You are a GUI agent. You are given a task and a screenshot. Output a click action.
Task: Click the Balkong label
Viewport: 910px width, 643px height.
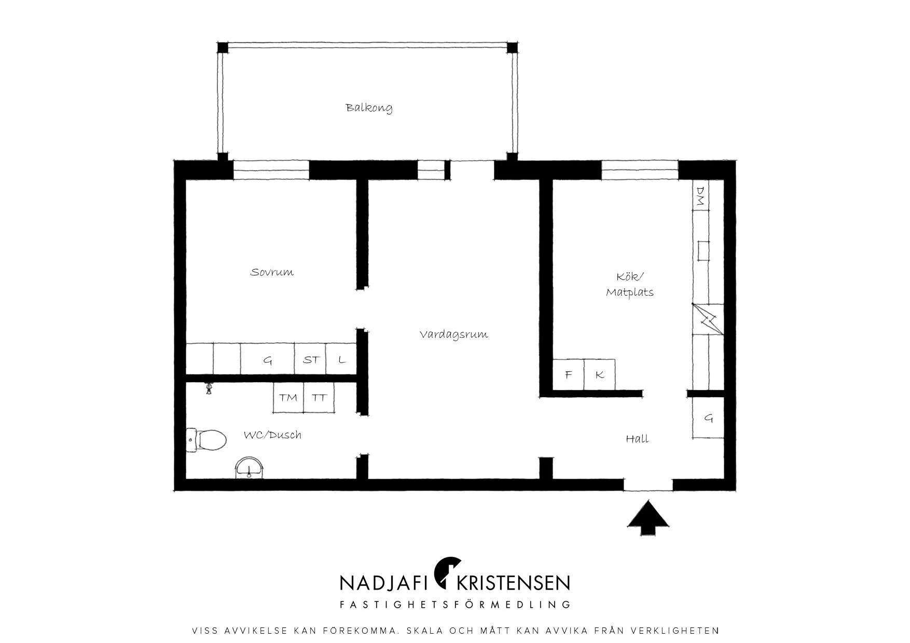tap(369, 108)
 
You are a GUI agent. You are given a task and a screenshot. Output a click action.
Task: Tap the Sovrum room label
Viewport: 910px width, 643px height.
tap(272, 272)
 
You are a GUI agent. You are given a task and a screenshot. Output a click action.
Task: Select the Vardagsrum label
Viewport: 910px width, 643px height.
tap(453, 334)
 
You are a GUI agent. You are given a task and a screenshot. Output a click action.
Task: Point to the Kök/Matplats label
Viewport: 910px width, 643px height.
tap(630, 284)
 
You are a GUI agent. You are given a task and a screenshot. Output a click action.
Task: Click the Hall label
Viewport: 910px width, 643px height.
tap(637, 439)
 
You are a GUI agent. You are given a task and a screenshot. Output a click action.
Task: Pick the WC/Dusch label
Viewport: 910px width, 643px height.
tap(272, 435)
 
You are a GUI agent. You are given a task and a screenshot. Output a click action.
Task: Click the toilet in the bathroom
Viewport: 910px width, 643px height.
tap(206, 441)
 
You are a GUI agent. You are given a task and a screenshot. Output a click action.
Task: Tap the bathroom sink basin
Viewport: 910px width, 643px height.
tap(250, 467)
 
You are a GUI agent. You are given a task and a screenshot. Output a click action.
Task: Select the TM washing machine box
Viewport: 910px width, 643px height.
tap(288, 398)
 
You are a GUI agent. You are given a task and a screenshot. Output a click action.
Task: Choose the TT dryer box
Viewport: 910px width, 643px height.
tap(319, 398)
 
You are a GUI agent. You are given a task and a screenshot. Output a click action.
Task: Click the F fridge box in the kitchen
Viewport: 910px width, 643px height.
tap(568, 374)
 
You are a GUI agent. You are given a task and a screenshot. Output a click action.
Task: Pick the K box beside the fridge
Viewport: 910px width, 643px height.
tap(600, 374)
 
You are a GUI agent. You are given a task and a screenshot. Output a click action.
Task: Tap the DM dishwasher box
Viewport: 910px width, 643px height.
tap(701, 195)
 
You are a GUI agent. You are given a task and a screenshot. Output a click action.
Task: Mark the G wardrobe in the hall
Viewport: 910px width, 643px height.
tap(708, 418)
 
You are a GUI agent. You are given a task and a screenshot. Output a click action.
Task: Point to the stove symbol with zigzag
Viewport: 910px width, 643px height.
tap(708, 319)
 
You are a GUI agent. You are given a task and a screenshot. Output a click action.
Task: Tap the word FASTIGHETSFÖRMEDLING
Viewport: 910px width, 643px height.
tap(455, 605)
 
